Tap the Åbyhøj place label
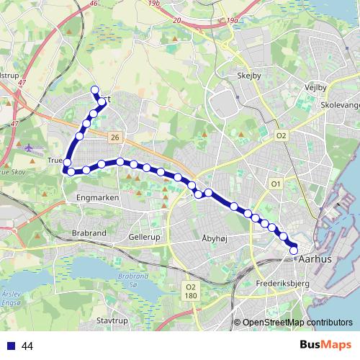coord(219,236)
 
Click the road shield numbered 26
coord(114,136)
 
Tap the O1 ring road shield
coord(275,185)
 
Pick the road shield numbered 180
coord(190,294)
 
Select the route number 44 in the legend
coord(27,346)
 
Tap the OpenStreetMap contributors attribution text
coord(297,322)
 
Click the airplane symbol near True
coord(30,148)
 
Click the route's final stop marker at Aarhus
coord(294,249)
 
